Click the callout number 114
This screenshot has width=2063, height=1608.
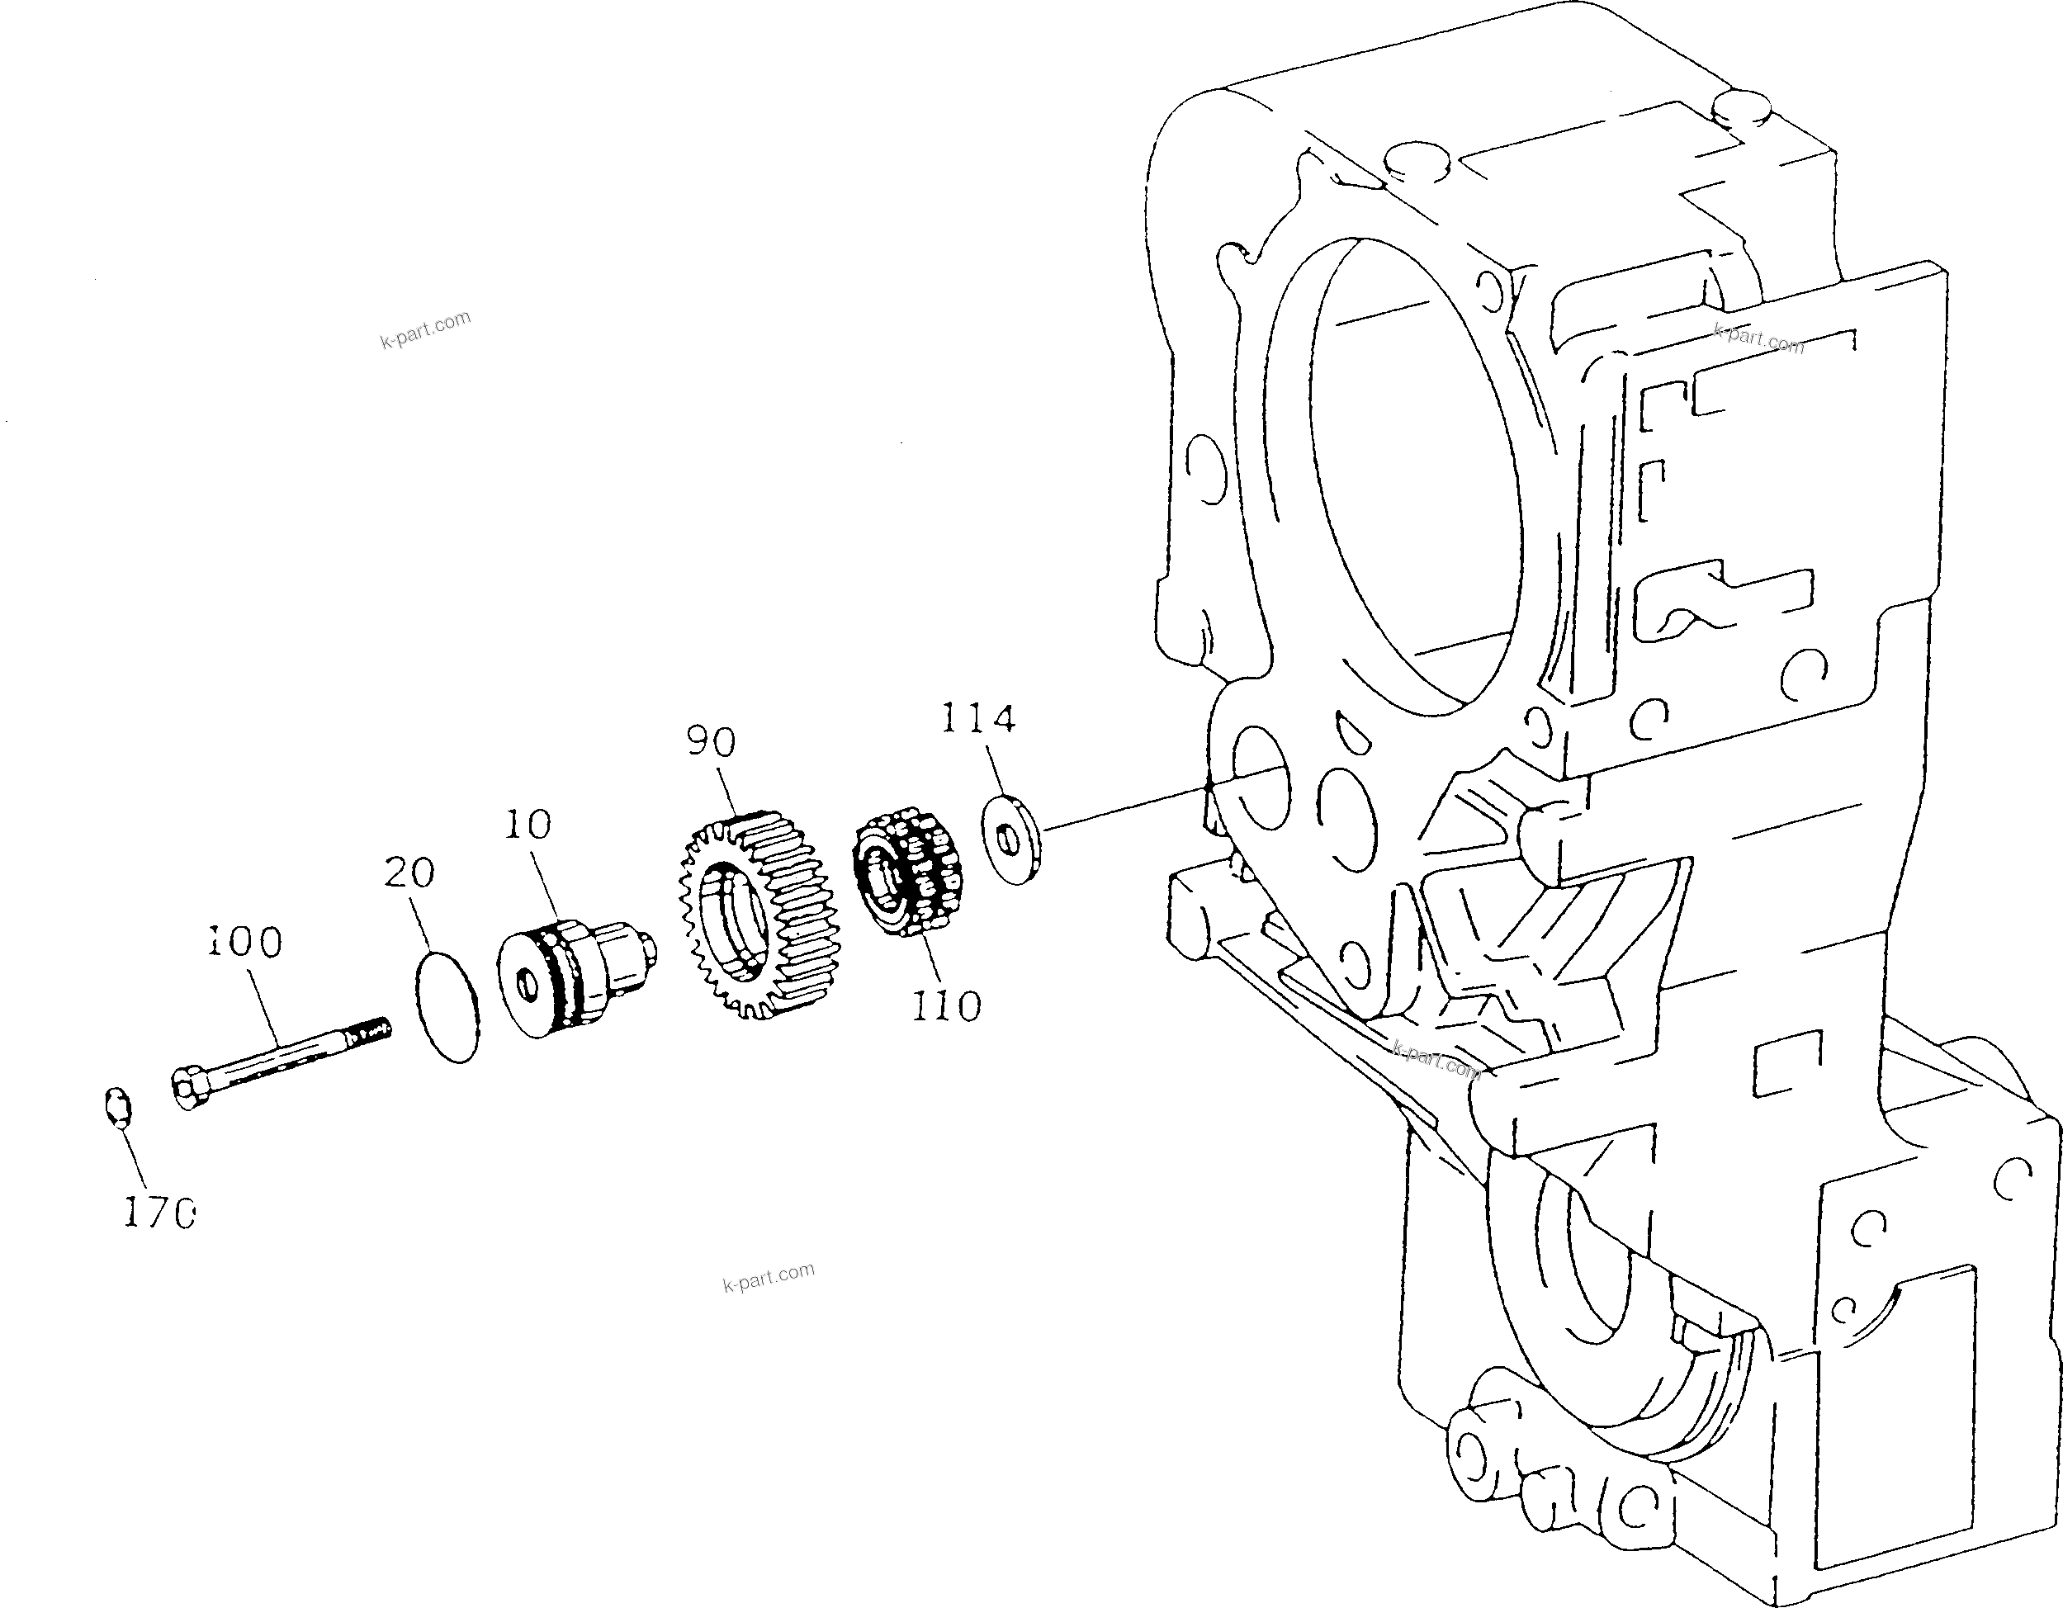click(977, 719)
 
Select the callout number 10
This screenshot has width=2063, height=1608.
click(527, 825)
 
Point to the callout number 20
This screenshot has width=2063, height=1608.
click(409, 873)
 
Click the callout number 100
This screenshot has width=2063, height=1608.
click(244, 942)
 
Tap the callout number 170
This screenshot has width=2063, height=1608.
click(159, 1213)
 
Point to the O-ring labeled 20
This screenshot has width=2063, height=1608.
click(447, 1008)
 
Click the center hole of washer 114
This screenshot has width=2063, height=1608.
click(1006, 836)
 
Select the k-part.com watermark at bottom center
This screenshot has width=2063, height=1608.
click(768, 1277)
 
